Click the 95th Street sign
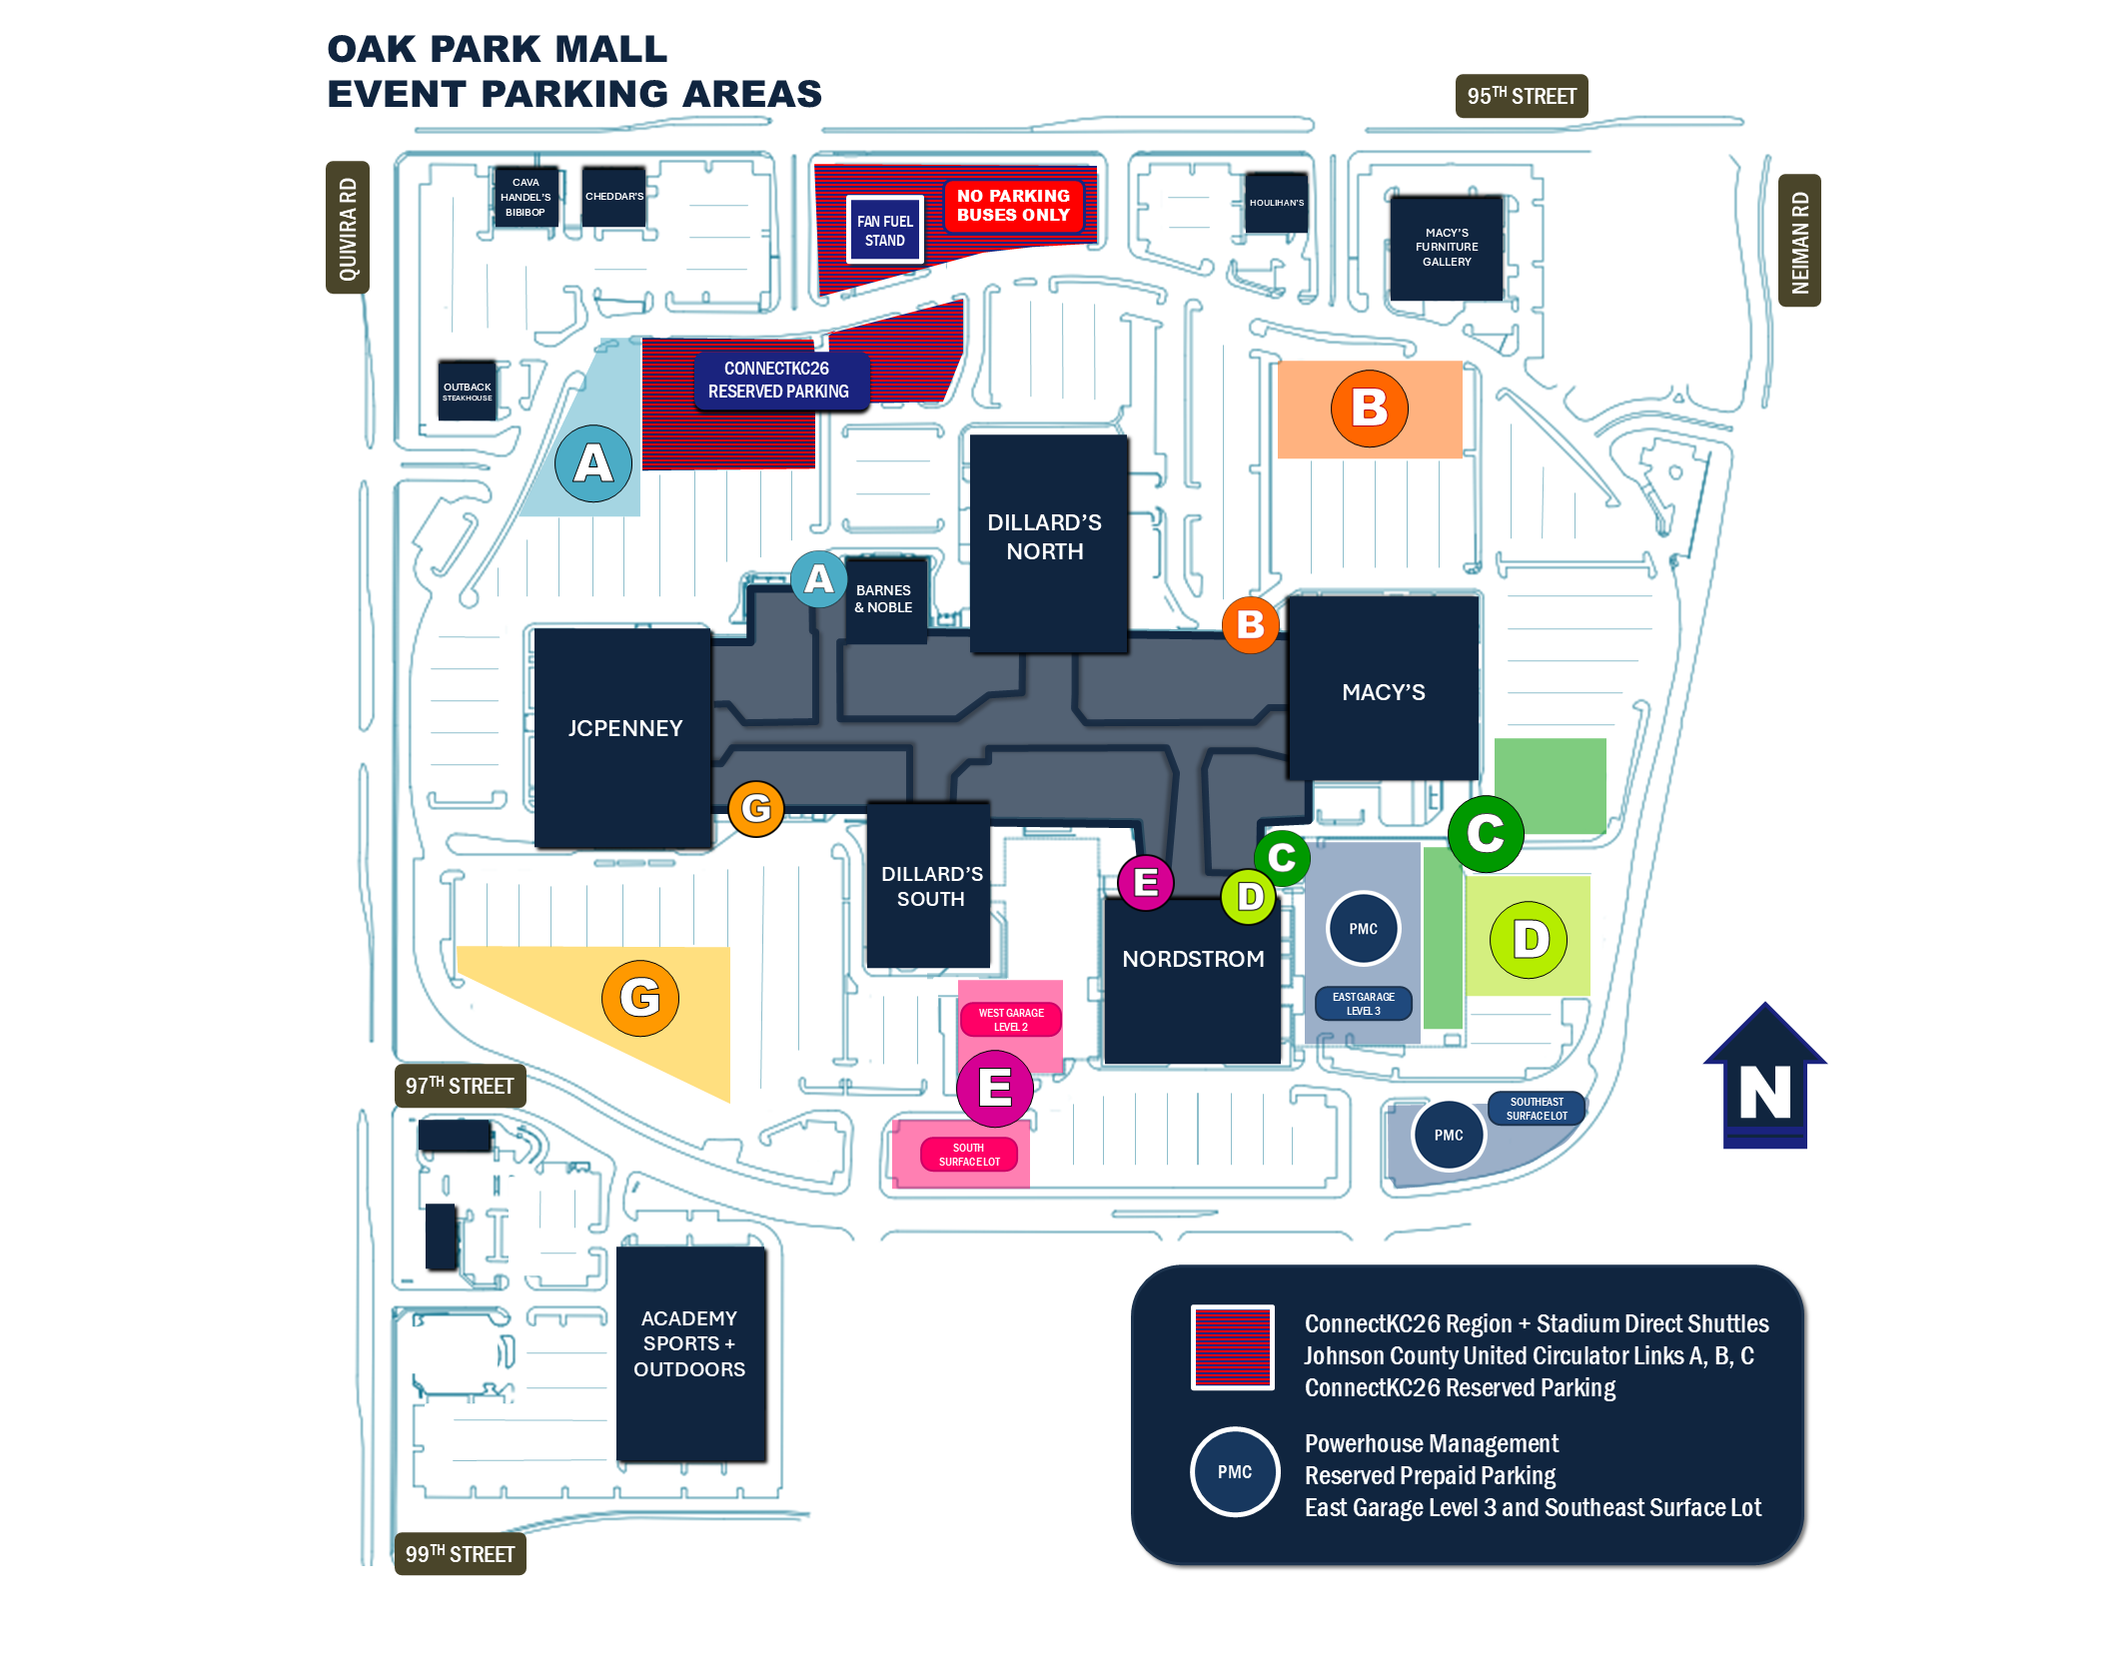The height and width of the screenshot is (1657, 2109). tap(1521, 96)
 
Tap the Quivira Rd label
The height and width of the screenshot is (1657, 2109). tap(348, 228)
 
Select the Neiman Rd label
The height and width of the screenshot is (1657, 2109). tap(1799, 241)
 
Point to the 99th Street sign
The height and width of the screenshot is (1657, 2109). tap(460, 1553)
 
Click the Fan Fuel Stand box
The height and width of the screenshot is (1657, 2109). tap(884, 230)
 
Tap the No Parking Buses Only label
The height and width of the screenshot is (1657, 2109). tap(1013, 206)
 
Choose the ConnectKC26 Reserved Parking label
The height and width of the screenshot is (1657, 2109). tap(779, 381)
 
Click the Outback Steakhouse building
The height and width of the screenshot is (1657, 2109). tap(468, 391)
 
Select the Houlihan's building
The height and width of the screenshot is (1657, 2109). tap(1276, 203)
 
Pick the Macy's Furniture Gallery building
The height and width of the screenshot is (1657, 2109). tap(1447, 247)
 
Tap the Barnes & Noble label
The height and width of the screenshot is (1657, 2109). tap(884, 598)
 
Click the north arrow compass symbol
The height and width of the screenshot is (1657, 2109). tap(1765, 1076)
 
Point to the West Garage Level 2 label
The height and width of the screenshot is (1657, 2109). tap(1011, 1020)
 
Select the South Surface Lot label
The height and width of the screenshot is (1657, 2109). tap(969, 1155)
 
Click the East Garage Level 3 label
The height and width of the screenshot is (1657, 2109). tap(1364, 1004)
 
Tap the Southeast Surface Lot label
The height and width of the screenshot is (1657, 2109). tap(1537, 1109)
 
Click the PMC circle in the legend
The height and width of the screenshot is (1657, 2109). tap(1235, 1472)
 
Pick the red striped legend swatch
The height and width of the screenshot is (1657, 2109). tap(1233, 1347)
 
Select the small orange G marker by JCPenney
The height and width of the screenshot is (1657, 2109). tap(756, 808)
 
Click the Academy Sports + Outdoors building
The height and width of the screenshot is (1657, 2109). tap(690, 1354)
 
